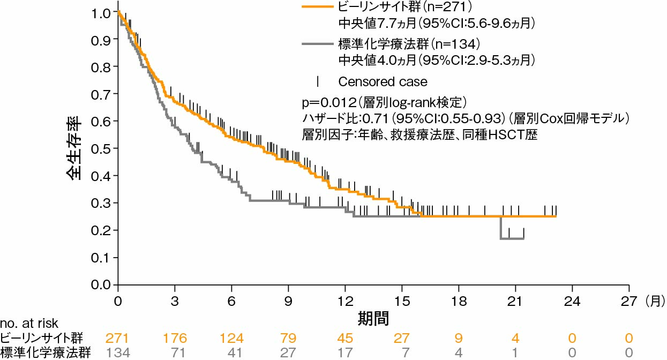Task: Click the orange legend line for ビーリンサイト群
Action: tap(316, 7)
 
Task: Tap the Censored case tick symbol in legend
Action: tap(318, 81)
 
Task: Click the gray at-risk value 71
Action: tap(175, 352)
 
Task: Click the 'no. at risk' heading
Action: tap(29, 324)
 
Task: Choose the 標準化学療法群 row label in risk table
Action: tap(45, 352)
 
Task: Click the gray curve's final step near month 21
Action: tap(512, 238)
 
